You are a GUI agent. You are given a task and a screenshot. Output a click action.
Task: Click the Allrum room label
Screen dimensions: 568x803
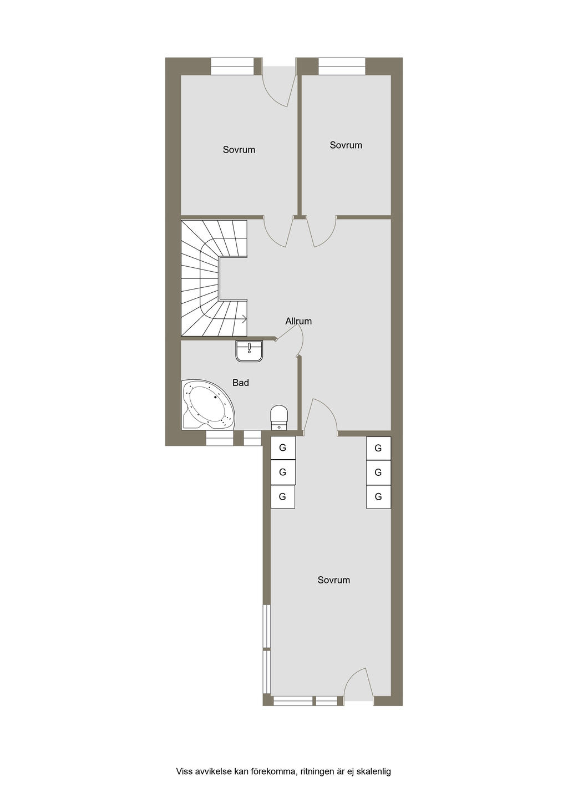(298, 321)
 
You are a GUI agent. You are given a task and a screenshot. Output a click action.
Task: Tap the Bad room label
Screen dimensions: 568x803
(241, 383)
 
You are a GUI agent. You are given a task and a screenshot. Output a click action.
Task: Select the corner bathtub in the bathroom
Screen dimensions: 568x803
(208, 404)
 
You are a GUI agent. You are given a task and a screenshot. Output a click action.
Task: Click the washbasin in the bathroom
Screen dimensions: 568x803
(249, 351)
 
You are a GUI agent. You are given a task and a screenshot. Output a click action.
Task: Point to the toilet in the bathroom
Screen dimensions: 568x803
(279, 418)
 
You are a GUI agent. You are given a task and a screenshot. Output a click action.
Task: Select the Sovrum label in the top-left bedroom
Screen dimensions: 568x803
(239, 150)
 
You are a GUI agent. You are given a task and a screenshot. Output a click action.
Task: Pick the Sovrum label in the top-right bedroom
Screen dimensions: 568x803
(346, 145)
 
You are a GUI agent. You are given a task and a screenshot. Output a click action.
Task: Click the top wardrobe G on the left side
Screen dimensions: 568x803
(282, 448)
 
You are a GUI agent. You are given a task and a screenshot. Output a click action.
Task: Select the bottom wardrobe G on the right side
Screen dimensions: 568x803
(378, 496)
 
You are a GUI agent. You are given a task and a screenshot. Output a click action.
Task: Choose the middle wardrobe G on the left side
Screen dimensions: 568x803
(282, 472)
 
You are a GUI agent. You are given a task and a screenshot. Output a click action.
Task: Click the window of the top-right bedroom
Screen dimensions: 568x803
(342, 67)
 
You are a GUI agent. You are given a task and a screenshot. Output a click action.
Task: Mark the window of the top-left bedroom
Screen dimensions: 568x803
(232, 67)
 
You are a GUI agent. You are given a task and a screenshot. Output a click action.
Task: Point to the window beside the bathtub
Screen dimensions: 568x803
(220, 438)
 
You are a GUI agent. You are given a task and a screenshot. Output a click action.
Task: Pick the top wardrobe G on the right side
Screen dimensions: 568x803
(378, 448)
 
